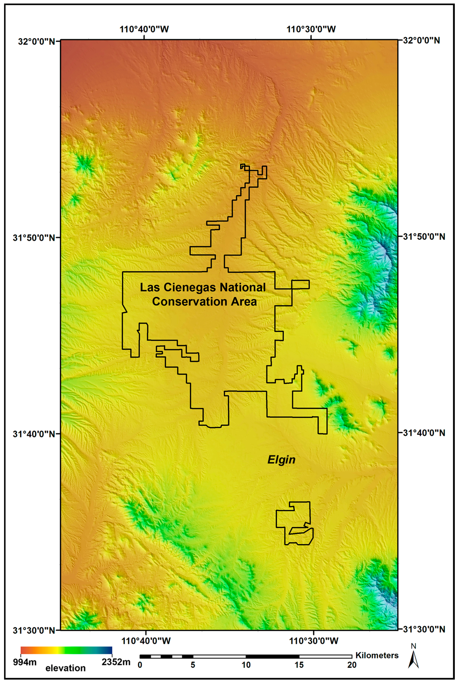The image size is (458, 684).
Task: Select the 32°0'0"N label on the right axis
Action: [421, 40]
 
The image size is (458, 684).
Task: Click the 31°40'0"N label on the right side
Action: [424, 433]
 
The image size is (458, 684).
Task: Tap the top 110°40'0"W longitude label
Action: [144, 29]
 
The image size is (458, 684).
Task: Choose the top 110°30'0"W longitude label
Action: [311, 29]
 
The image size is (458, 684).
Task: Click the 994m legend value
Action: [25, 663]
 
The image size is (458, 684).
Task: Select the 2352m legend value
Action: [116, 663]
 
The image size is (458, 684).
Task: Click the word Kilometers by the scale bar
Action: [377, 656]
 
